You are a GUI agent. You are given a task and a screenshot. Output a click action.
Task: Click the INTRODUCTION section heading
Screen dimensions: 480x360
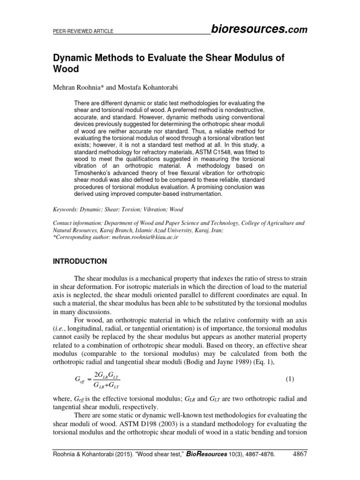tap(79, 261)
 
